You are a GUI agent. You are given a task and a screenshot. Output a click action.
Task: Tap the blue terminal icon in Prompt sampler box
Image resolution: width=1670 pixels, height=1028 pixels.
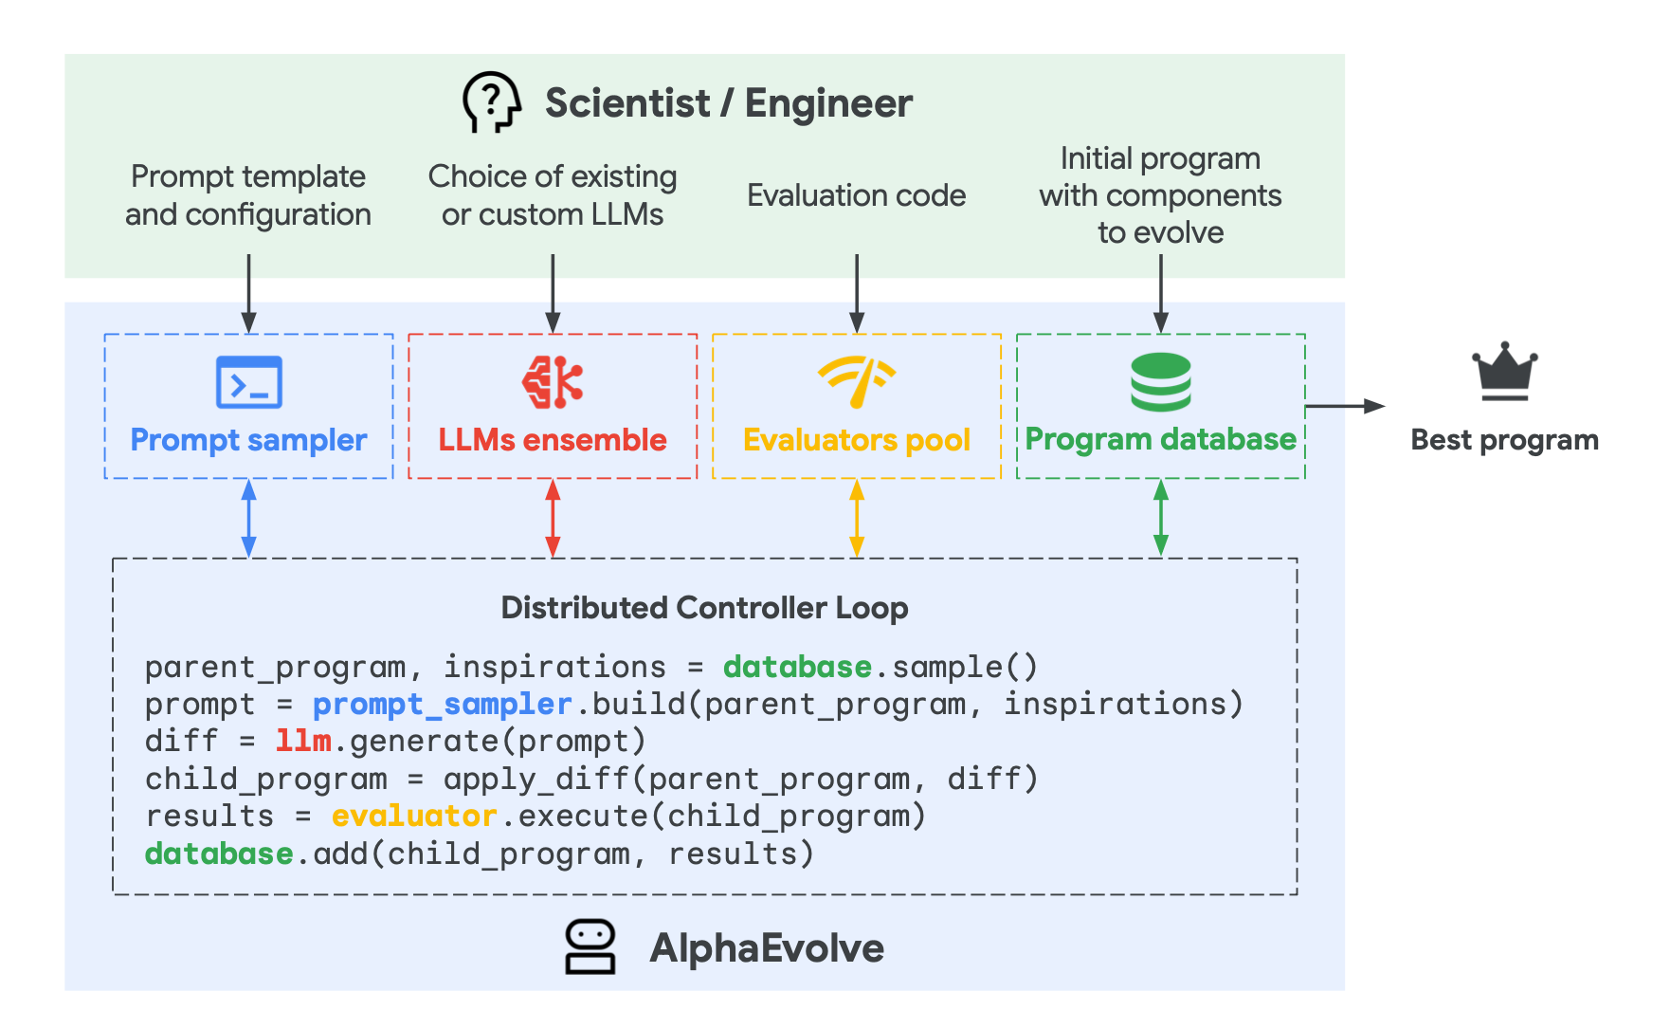click(x=248, y=382)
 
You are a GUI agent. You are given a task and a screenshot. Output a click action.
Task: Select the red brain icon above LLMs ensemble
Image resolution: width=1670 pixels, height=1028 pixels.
click(x=553, y=382)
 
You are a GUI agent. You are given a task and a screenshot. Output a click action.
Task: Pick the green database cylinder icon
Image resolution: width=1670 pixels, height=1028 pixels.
click(x=1160, y=382)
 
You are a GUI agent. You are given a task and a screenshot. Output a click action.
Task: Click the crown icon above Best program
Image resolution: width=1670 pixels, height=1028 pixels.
click(x=1504, y=372)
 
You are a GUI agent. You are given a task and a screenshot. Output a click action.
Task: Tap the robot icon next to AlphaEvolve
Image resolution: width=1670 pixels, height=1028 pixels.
click(x=590, y=946)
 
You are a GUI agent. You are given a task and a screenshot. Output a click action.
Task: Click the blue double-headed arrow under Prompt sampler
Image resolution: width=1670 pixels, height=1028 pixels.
click(x=248, y=518)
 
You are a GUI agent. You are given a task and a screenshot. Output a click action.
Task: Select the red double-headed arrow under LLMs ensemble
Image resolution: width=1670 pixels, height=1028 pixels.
click(x=553, y=518)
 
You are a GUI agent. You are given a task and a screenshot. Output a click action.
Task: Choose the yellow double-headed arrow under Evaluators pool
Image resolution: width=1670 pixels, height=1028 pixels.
click(x=857, y=518)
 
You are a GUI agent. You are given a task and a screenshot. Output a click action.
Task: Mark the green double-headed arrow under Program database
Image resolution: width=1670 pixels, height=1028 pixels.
click(x=1160, y=518)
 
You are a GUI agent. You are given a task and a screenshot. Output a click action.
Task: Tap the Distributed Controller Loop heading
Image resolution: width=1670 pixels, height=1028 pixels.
click(x=704, y=607)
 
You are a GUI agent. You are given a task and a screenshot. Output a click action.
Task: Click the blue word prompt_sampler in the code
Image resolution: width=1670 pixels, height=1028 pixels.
click(x=442, y=704)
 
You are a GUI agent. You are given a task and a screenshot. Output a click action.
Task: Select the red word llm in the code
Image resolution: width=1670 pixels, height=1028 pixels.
click(x=303, y=741)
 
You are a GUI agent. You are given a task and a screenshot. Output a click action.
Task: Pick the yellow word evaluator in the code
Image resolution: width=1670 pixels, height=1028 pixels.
click(x=413, y=816)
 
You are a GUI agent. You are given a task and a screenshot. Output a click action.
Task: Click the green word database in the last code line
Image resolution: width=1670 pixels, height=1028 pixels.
click(x=219, y=854)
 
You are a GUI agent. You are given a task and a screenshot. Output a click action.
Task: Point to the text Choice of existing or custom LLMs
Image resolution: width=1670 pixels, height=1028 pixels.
click(x=553, y=195)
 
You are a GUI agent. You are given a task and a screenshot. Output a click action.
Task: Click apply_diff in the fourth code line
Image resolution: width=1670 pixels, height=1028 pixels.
click(x=535, y=779)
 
